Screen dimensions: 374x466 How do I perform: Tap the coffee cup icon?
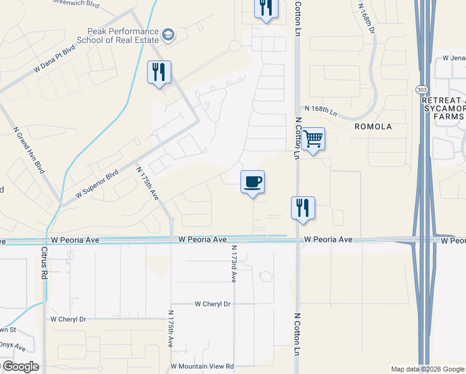click(x=252, y=182)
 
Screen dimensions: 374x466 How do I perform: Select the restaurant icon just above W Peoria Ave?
click(x=303, y=208)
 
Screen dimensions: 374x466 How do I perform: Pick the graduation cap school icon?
click(x=168, y=35)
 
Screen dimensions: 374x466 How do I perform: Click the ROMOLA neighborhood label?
click(x=373, y=127)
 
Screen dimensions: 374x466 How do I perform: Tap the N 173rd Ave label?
click(x=234, y=265)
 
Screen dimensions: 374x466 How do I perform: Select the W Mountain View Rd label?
click(x=202, y=367)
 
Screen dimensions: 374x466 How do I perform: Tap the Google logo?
click(x=20, y=367)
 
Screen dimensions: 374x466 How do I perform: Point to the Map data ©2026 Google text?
click(x=427, y=369)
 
